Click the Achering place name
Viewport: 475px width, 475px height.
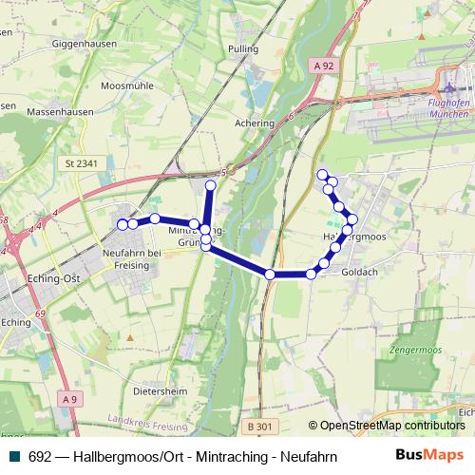(x=255, y=123)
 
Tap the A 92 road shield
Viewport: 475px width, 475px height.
(x=323, y=66)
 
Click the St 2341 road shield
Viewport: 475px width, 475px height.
(x=83, y=163)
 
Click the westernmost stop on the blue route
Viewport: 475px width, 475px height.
(x=122, y=224)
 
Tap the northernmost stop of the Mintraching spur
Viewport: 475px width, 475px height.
(x=211, y=184)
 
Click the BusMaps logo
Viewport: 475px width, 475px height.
(x=429, y=455)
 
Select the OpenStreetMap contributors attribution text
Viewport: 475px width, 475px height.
(x=391, y=426)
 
